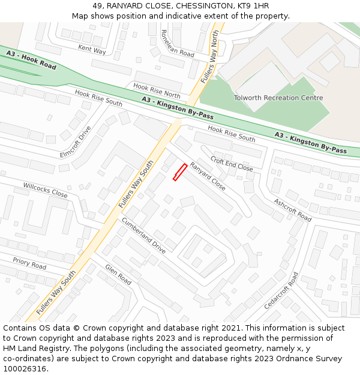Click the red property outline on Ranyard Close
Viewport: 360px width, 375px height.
tap(180, 172)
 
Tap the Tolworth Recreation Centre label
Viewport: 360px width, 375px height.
tap(278, 98)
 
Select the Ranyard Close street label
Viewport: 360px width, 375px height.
tap(208, 176)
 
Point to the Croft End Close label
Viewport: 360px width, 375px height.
tap(232, 165)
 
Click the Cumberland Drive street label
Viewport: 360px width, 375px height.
tap(143, 235)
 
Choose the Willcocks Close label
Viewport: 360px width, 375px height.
tap(46, 190)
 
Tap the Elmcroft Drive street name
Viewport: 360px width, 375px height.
tap(76, 142)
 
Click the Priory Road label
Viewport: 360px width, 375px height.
tap(29, 263)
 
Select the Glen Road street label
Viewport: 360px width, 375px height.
tap(118, 275)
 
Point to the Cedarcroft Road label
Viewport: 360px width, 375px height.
tap(281, 290)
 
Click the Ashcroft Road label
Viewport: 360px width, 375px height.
tap(293, 210)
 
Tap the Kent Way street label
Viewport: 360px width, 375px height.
tap(92, 49)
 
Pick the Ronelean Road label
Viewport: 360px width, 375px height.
tap(178, 43)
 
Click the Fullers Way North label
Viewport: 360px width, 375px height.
tap(210, 57)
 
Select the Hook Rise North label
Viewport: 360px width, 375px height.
tap(157, 91)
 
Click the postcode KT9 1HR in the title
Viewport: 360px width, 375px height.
tap(253, 6)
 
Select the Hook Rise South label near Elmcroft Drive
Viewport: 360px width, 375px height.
tap(98, 99)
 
